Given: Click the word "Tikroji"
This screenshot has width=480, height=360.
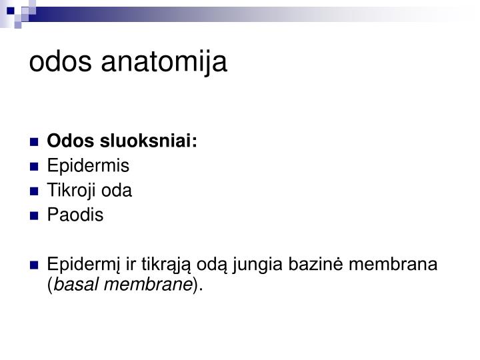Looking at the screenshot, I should (69, 191).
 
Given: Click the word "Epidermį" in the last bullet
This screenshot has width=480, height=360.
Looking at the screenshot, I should (77, 266).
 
